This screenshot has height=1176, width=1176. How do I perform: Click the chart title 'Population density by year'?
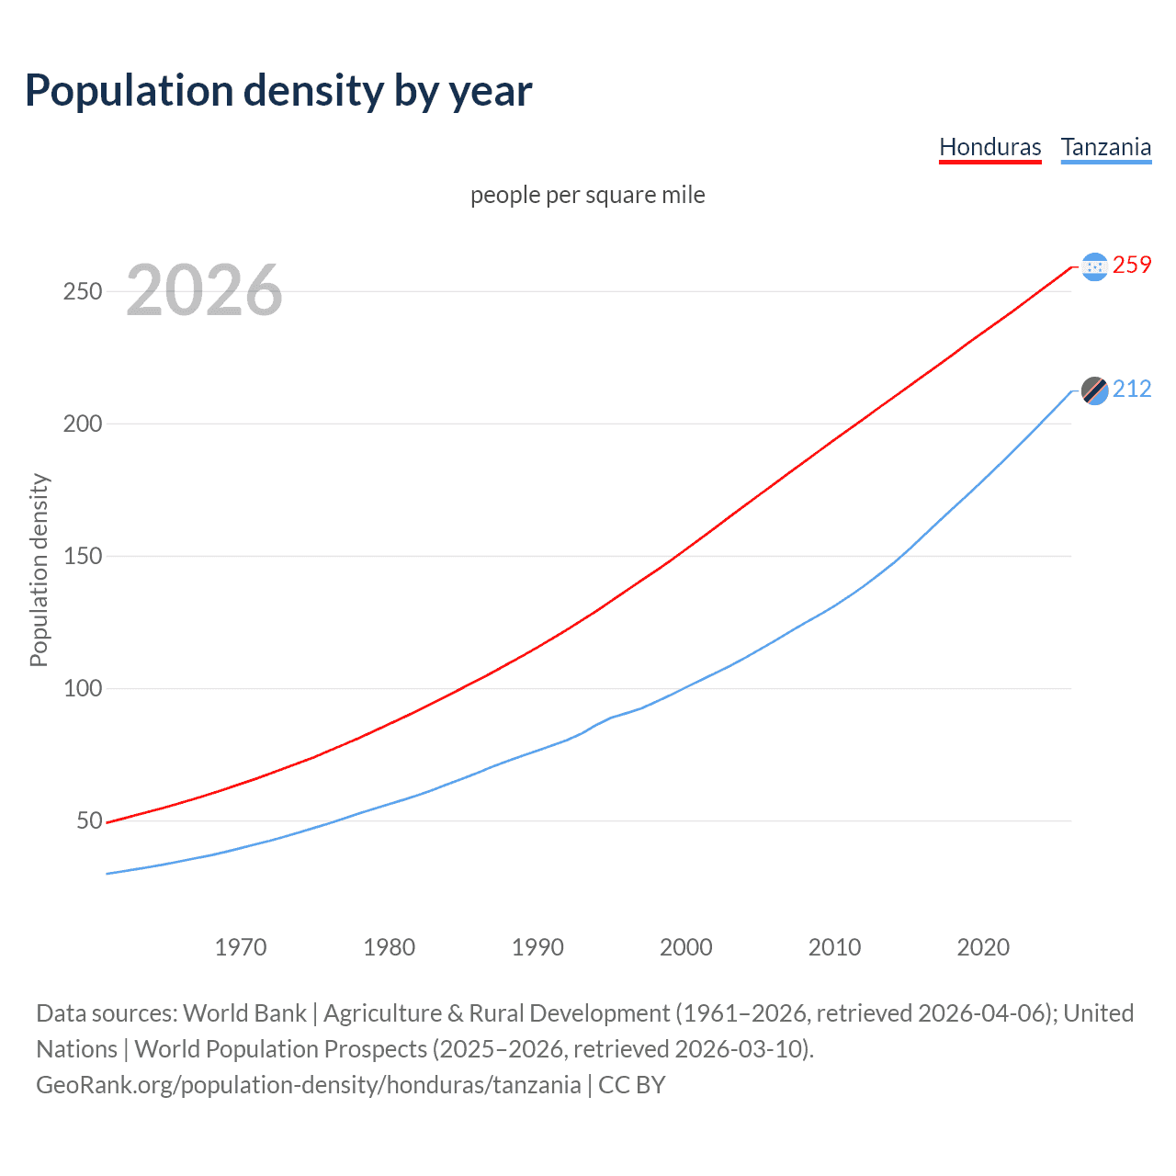pos(278,91)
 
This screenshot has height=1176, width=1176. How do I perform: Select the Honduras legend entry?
pos(989,147)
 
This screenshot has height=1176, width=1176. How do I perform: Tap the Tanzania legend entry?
pos(1105,147)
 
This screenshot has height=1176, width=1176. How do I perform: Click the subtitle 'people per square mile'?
pos(588,195)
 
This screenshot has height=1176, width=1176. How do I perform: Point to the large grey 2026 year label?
pos(204,290)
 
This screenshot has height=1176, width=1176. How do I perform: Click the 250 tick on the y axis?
pos(83,291)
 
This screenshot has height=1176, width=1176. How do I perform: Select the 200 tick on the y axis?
pos(83,424)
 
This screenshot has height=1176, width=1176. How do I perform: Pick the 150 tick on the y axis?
pos(83,556)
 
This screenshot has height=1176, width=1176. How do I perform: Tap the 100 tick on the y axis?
pos(83,688)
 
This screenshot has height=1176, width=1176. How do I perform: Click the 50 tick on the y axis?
pos(89,820)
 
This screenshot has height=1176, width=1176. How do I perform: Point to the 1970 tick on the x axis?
pos(241,947)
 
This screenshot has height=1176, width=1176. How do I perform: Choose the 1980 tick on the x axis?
pos(390,947)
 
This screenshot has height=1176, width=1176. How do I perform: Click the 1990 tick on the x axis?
pos(537,947)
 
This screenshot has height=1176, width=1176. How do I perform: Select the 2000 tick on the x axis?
pos(686,947)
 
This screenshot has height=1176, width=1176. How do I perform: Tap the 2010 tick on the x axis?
pos(834,947)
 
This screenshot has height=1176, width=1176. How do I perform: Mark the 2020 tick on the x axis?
pos(983,947)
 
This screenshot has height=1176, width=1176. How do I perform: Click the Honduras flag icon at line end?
pos(1094,266)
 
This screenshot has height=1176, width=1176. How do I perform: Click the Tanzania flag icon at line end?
pos(1094,390)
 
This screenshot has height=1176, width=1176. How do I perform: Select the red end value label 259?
pos(1132,266)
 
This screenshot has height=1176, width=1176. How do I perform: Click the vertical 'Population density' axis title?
pos(39,570)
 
